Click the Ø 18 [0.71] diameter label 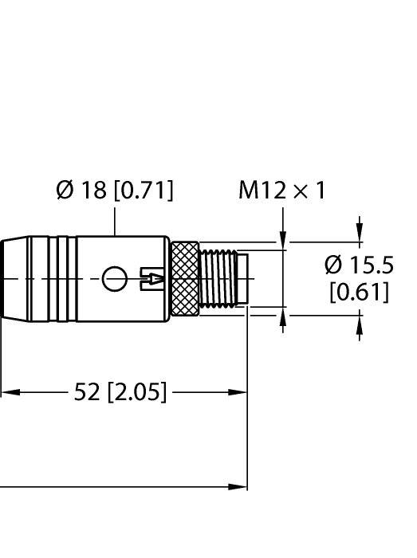(x=115, y=191)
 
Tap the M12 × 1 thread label (x=282, y=191)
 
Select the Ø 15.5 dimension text (x=360, y=265)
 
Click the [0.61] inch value (x=360, y=292)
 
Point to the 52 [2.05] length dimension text (x=120, y=392)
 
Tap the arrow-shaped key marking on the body (x=153, y=278)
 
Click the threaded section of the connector (x=219, y=278)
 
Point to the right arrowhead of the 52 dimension (x=238, y=392)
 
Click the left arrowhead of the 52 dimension (x=8, y=392)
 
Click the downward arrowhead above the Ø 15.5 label (x=360, y=234)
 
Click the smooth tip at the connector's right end (x=244, y=278)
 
